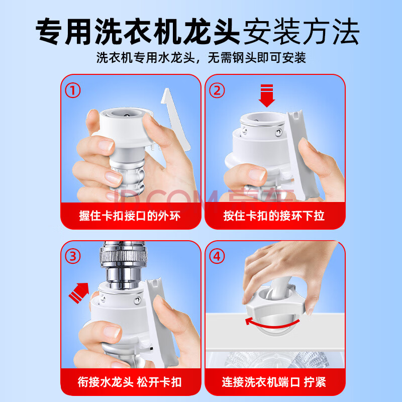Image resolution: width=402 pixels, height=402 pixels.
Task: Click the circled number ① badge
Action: coord(73,90)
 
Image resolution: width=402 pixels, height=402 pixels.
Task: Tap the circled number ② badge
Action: coord(217,90)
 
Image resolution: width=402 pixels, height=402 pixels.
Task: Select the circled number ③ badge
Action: coord(73,256)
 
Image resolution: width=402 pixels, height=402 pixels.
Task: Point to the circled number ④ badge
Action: coord(217,256)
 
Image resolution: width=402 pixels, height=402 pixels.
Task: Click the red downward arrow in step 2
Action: coord(267,95)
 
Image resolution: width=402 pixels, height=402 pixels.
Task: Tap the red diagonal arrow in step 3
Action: coord(79,292)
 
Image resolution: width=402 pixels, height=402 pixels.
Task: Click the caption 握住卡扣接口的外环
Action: coord(130,216)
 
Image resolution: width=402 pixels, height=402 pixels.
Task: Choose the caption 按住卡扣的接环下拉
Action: coord(274,216)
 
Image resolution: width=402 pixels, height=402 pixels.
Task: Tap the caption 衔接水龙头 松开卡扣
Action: coord(130,382)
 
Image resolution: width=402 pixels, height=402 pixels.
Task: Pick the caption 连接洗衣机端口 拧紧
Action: coord(274,382)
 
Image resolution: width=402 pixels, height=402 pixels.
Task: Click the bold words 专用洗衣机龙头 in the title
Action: coord(138,31)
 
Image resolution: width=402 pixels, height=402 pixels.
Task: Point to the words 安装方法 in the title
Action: coord(301,31)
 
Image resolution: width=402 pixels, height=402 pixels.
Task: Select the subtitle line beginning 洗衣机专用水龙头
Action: coord(201,58)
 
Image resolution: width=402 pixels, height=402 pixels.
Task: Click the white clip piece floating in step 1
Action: coord(175,119)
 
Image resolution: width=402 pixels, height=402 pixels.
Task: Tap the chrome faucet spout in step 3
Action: coord(123,265)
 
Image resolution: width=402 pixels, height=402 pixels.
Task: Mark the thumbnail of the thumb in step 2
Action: coord(257,174)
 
